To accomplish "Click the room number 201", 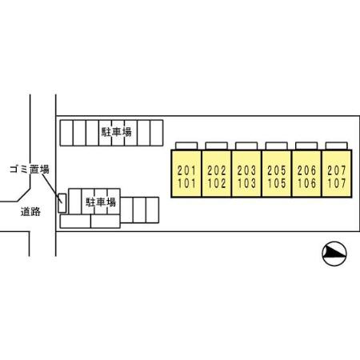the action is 186,170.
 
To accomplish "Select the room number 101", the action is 186,183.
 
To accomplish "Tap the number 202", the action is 217,170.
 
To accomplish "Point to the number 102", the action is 217,183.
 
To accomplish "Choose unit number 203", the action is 246,170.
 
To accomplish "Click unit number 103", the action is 246,183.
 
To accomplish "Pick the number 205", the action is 277,170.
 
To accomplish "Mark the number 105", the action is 277,183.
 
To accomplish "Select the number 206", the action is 306,170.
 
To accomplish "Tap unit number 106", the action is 306,183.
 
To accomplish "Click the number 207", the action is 337,170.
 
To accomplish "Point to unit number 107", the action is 337,183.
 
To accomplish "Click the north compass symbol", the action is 334,254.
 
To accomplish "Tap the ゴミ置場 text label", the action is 30,170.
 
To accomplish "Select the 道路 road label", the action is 30,212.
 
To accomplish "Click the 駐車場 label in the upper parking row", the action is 117,132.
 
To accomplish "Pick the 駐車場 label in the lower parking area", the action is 101,202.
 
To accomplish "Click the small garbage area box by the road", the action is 62,203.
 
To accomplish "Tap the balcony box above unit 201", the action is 186,146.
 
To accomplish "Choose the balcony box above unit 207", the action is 337,146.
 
